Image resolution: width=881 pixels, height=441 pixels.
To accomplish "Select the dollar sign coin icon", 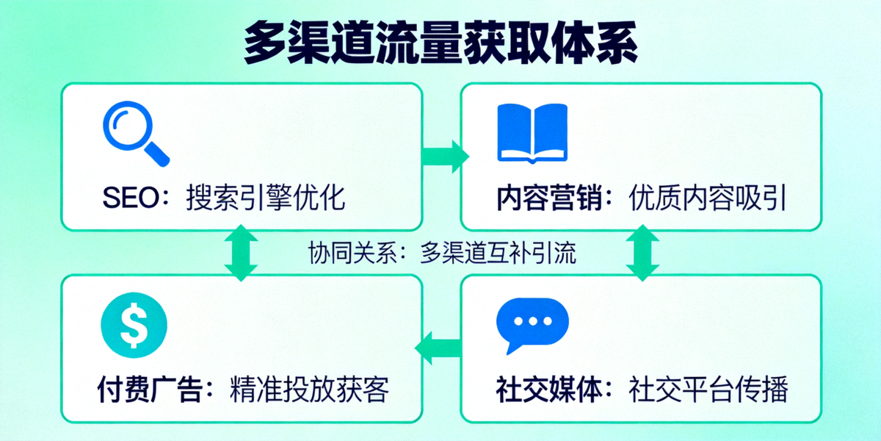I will (x=134, y=326).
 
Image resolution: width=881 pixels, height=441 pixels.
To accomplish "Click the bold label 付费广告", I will (x=149, y=390).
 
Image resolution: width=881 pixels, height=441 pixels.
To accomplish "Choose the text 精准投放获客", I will (x=308, y=390).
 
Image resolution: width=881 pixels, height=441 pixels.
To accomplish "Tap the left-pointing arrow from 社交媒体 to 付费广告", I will (x=439, y=346).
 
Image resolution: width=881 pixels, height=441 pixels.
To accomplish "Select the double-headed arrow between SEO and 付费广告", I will (x=239, y=252).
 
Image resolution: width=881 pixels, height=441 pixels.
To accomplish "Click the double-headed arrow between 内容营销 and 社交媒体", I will (x=643, y=252).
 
